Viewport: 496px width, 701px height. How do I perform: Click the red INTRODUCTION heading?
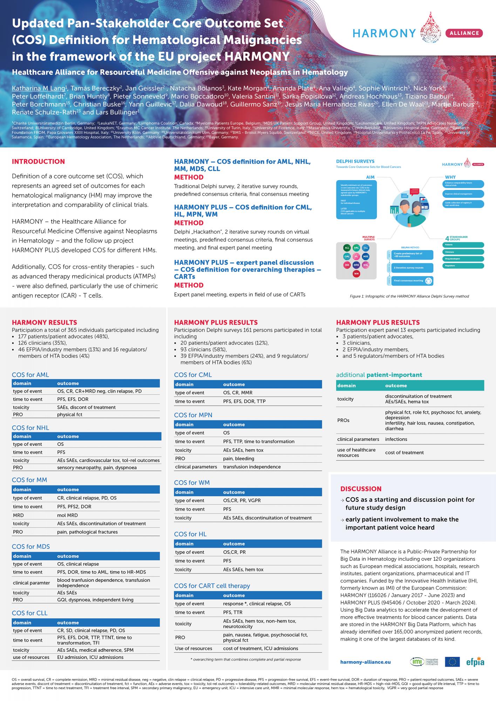pos(38,162)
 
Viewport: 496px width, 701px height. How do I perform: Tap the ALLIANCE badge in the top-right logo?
pos(463,33)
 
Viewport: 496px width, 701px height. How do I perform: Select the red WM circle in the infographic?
pos(356,273)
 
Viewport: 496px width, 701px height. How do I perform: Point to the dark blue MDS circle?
pos(366,256)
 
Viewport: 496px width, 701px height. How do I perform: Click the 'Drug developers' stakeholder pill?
pos(463,259)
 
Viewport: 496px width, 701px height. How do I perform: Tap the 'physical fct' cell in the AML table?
pos(70,415)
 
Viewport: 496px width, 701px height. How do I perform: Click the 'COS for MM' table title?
pos(29,480)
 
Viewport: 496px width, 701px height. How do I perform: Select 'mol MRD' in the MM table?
pos(68,515)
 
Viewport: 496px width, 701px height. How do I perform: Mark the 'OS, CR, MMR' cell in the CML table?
pos(238,393)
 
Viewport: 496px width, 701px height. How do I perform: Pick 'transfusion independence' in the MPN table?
pos(252,467)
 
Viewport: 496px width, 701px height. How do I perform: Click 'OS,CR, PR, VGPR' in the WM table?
pos(242,501)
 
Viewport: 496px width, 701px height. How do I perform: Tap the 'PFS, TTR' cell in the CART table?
pos(233,612)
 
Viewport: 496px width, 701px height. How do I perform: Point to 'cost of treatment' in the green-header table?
pos(405,452)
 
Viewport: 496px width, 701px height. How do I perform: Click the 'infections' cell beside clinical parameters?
pos(396,439)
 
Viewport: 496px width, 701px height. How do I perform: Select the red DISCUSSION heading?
pos(361,489)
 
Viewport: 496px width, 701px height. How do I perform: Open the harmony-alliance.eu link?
pos(365,662)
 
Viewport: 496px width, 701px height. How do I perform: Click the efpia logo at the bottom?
pos(475,662)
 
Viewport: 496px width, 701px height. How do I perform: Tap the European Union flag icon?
pos(452,662)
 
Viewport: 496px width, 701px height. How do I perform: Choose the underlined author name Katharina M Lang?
pos(38,88)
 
